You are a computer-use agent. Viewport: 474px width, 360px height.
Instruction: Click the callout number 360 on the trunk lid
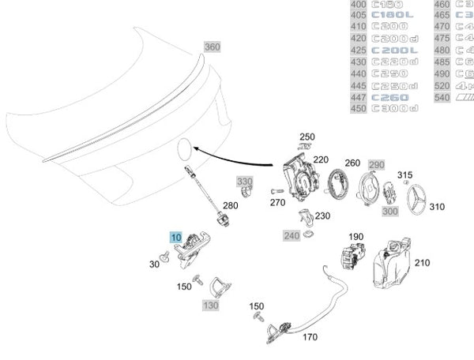click(213, 47)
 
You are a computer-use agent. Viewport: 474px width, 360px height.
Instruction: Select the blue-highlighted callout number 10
click(175, 237)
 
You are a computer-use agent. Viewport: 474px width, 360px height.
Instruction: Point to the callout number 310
click(437, 207)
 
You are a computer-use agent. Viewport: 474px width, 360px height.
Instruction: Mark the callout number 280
click(230, 205)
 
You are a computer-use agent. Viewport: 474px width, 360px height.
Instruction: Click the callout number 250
click(307, 137)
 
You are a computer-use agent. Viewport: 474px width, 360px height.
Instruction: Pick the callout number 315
click(405, 174)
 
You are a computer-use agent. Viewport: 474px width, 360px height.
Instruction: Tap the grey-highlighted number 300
click(389, 212)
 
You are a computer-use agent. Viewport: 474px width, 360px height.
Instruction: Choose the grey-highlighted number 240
click(291, 235)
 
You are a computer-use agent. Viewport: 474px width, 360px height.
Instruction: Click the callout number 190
click(356, 237)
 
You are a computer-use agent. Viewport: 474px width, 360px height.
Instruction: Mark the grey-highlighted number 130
click(211, 305)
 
